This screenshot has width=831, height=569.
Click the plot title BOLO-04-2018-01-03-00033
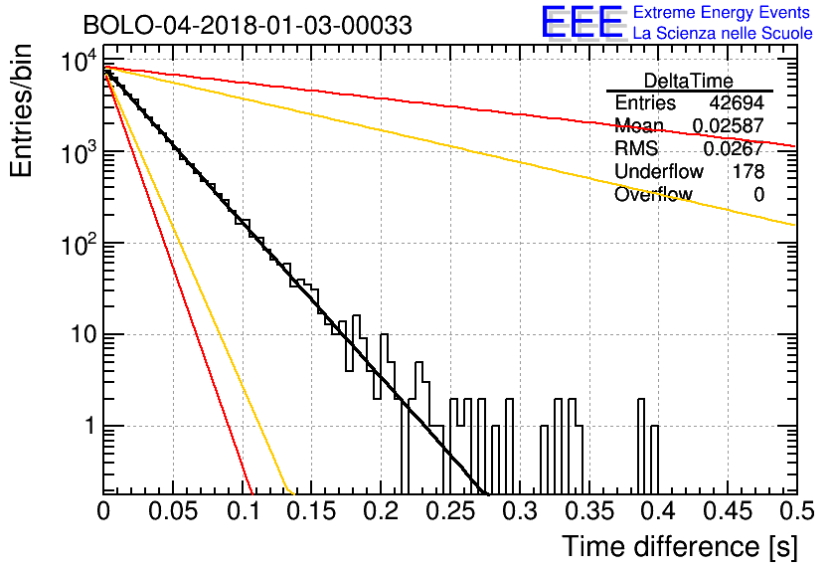pos(248,25)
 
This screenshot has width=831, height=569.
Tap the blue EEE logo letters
pos(582,22)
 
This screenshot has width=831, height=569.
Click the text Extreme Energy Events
pos(722,12)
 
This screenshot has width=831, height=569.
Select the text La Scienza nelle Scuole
pos(723,33)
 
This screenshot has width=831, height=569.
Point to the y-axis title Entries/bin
pos(21,110)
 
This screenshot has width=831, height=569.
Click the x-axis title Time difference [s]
pos(680,547)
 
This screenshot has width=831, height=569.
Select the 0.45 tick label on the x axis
pos(729,511)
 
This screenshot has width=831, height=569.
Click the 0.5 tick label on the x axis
pos(796,511)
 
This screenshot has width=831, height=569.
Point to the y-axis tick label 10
pos(83,334)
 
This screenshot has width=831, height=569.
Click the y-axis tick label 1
pos(90,426)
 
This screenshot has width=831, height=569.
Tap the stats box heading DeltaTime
pos(689,81)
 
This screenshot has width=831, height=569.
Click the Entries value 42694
pos(737,102)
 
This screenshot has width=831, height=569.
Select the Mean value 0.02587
pos(729,125)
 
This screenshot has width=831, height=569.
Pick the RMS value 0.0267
pos(734,148)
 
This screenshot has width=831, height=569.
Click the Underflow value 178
pos(748,171)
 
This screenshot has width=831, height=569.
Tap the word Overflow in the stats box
pos(653,194)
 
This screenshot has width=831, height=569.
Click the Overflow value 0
pos(758,194)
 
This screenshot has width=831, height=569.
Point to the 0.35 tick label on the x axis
pos(589,511)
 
